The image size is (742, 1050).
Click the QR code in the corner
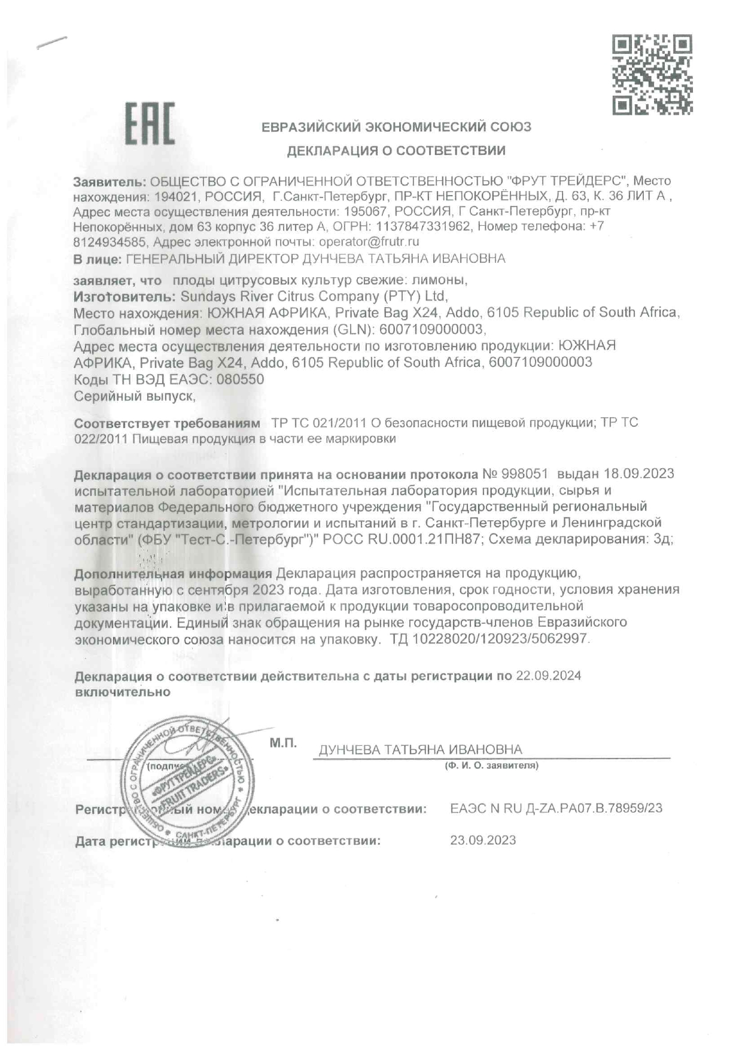coord(652,75)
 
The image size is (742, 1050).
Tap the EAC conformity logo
coord(150,124)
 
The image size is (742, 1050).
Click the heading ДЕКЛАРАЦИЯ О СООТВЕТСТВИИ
coord(396,151)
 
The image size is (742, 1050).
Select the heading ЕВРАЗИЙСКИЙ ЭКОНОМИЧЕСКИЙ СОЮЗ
coord(396,127)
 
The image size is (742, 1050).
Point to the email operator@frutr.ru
coord(369,242)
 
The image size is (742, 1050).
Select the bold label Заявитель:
coord(110,181)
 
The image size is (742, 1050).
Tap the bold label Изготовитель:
coord(124,296)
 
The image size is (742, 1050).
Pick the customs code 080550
coord(240,380)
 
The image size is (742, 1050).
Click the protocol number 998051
coord(525,474)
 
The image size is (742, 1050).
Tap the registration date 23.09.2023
coord(483,840)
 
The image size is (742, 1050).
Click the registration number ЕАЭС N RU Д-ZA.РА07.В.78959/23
coord(556,808)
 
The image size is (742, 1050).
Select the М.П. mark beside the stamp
coord(282,744)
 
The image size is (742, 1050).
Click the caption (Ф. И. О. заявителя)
coord(491,765)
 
